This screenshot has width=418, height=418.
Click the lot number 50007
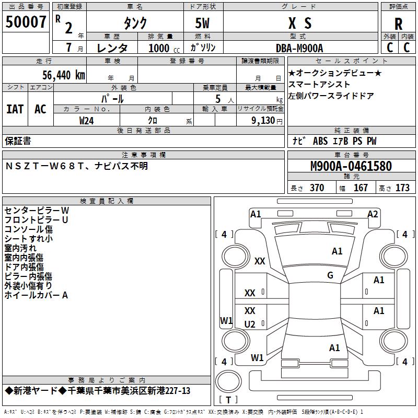[x=26, y=22]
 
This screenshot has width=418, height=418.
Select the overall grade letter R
[x=398, y=24]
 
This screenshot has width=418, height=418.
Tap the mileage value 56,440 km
[x=64, y=75]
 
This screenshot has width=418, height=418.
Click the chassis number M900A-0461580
[x=351, y=166]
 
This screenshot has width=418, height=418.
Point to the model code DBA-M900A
[x=299, y=48]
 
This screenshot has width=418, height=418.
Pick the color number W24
[x=86, y=121]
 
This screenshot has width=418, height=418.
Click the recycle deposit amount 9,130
[x=263, y=121]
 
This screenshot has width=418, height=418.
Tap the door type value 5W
[x=202, y=23]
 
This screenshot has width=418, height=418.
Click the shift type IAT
[x=15, y=109]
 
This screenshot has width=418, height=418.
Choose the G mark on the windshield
[x=330, y=275]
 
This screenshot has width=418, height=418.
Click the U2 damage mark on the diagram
[x=250, y=324]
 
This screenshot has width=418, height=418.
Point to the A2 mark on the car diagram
[x=373, y=214]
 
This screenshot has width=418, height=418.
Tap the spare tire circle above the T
[x=228, y=381]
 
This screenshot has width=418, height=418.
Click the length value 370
[x=317, y=188]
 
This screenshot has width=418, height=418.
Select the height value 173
[x=402, y=188]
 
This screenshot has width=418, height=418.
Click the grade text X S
[x=300, y=23]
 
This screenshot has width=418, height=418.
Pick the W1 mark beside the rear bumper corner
[x=257, y=357]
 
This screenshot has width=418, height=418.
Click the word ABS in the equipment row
[x=320, y=141]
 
